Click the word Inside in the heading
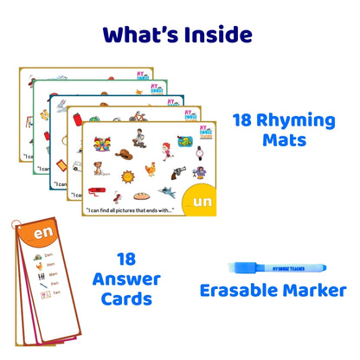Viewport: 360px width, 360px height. pyautogui.click(x=210, y=34)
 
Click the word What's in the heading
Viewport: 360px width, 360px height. pyautogui.click(x=135, y=34)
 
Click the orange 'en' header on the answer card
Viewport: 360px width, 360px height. pyautogui.click(x=42, y=234)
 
